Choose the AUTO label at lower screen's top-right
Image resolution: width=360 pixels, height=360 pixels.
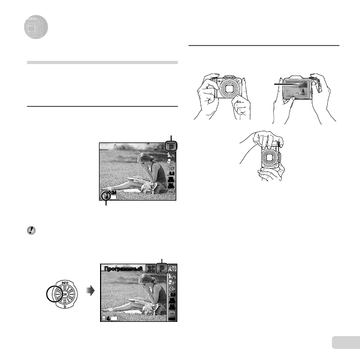(173, 269)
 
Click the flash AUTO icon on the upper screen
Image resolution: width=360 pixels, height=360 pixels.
(171, 155)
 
